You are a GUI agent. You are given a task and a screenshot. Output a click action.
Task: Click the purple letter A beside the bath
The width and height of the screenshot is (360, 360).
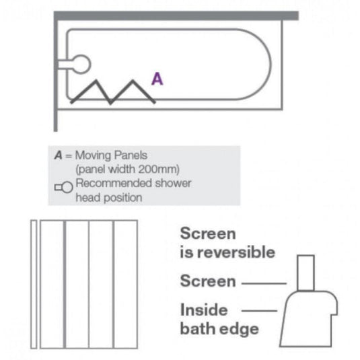(x=157, y=79)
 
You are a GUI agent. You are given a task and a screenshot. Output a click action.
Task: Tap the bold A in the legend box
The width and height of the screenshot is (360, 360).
(x=59, y=155)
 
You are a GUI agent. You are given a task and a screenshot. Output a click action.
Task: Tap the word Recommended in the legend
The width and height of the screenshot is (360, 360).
(x=112, y=183)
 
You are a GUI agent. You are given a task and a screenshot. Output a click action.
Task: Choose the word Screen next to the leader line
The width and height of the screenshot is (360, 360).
(x=207, y=281)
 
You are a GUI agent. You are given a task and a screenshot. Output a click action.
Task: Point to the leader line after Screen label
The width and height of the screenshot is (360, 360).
(x=263, y=283)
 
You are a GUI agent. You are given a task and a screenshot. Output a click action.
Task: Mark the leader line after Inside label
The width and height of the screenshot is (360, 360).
(x=258, y=310)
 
